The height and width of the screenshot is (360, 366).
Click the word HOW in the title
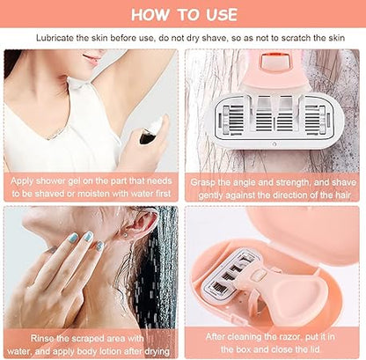[x=150, y=15]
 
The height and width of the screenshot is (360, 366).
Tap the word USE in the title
[x=222, y=15]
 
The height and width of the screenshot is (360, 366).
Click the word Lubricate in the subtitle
[x=55, y=38]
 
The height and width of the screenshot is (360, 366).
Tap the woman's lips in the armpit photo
[x=92, y=60]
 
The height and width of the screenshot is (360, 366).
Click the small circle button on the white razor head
[x=274, y=144]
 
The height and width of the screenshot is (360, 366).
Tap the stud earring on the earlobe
[x=127, y=235]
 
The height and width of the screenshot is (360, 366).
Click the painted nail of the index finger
[x=89, y=236]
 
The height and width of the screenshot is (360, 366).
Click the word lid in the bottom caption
[x=314, y=349]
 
